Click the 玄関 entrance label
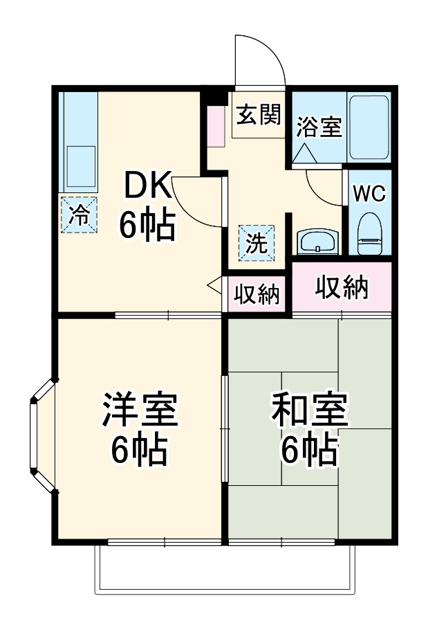coord(259,115)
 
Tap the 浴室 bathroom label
coord(319,127)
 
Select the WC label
coord(369,194)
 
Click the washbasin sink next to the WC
coord(317,243)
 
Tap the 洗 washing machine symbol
coord(257,243)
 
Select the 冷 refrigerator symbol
coord(80,215)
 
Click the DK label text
coord(146,186)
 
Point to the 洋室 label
coord(140,411)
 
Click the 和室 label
coord(309,411)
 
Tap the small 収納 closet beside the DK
coord(255,295)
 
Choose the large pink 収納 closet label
coord(342,287)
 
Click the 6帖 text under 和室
coord(308,451)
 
